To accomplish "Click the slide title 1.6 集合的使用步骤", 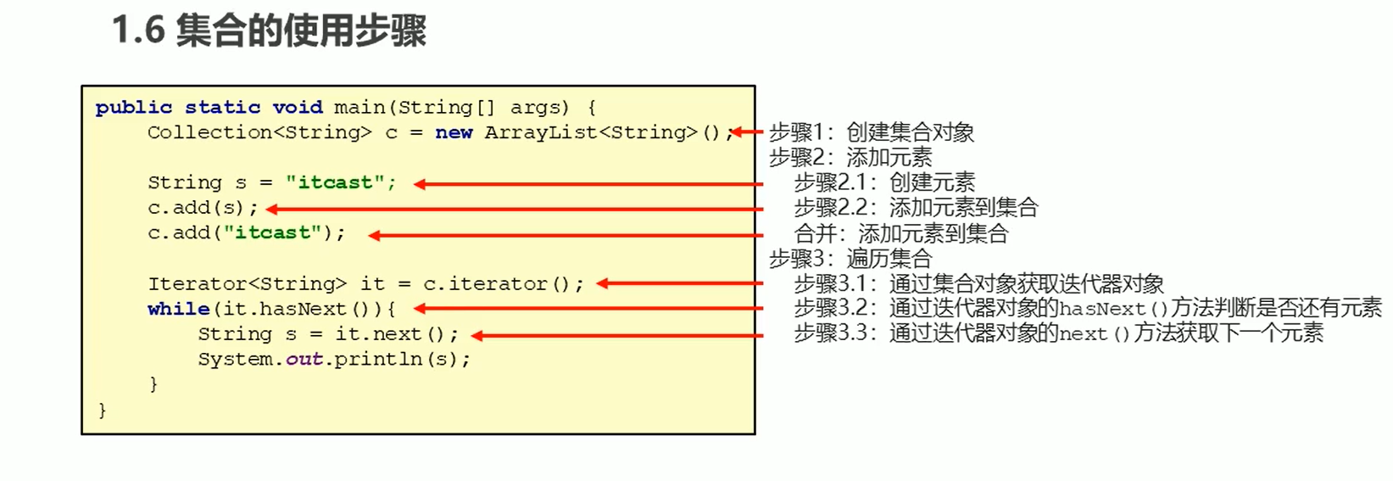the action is click(x=269, y=31).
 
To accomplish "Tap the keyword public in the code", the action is click(x=134, y=108).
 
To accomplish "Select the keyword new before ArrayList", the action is click(x=454, y=132).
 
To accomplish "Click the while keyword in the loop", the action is click(x=178, y=309).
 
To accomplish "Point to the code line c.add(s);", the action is click(x=202, y=208).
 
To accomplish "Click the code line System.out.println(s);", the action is click(x=334, y=359).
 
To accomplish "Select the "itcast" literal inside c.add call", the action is click(x=272, y=233).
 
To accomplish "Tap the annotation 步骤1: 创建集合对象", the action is click(x=872, y=132).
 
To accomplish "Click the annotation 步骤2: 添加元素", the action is click(x=850, y=157).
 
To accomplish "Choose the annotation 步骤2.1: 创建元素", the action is click(x=884, y=182).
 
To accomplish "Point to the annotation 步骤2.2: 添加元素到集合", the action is click(x=916, y=208).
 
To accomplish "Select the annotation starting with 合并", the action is click(x=900, y=233).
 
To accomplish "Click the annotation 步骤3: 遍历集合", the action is click(x=850, y=258).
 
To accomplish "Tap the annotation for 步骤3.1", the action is click(x=978, y=283).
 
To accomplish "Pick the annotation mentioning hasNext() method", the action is click(x=1087, y=308).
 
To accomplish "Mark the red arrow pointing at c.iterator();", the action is click(x=679, y=284).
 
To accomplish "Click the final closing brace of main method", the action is click(x=103, y=411).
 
